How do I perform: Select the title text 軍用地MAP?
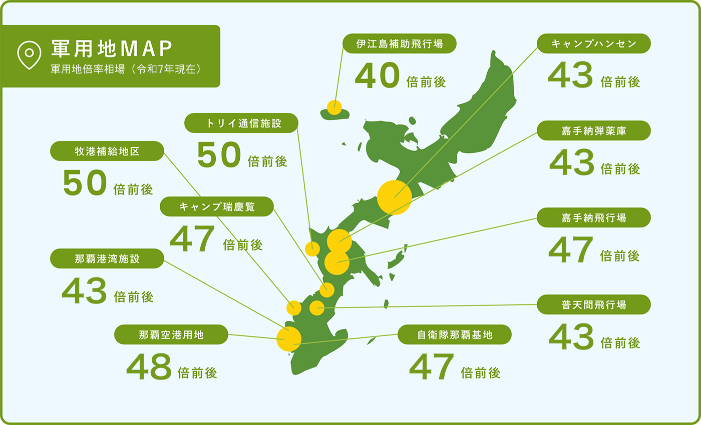(112, 48)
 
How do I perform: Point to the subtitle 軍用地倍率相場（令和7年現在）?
(126, 69)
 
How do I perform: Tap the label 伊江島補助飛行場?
(400, 43)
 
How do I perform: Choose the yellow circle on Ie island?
(334, 107)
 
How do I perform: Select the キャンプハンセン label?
(593, 43)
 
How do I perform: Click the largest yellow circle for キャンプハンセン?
(395, 197)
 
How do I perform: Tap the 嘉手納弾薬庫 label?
(593, 130)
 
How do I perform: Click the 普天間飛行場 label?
(593, 304)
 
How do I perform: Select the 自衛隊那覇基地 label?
(455, 334)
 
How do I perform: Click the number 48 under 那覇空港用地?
(149, 367)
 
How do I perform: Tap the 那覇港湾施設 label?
(107, 259)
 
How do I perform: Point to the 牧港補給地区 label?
(107, 151)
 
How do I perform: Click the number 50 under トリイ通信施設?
(219, 155)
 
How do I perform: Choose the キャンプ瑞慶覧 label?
(217, 206)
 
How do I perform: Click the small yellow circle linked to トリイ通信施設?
(312, 248)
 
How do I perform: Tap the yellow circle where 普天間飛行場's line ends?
(317, 308)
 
